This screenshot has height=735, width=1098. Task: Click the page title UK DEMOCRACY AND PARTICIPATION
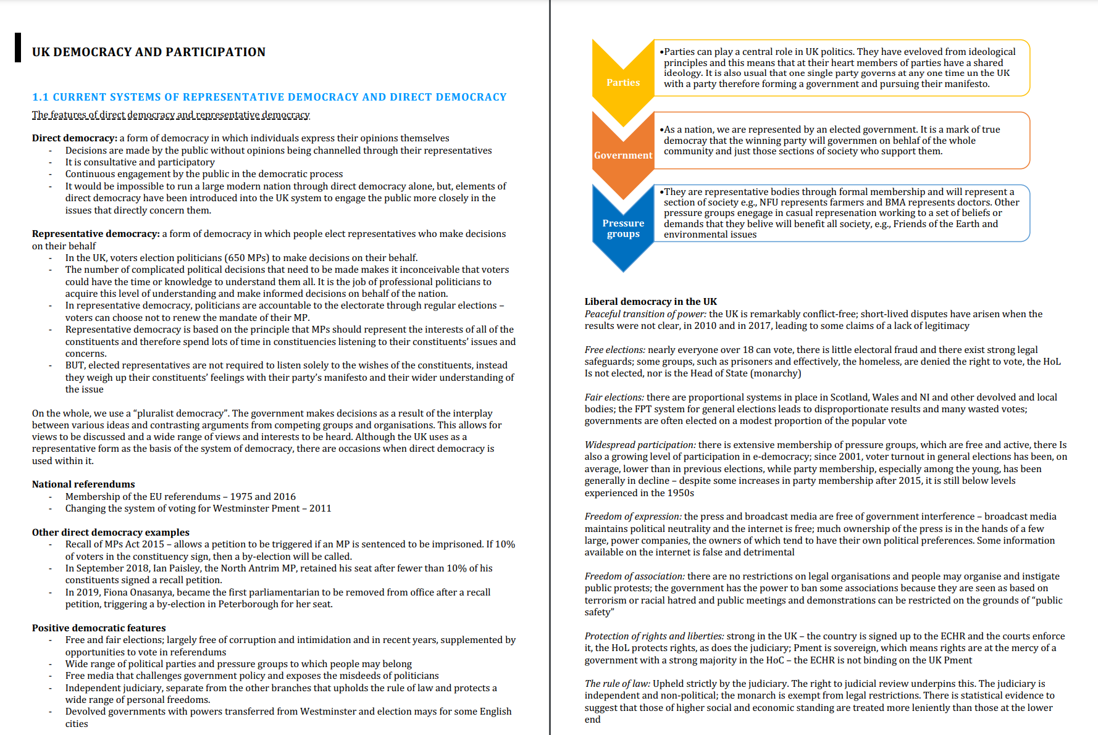149,52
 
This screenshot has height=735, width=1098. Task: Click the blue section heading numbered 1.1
269,97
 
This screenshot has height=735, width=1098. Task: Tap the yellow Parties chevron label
622,83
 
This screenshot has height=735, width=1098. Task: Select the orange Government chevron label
622,156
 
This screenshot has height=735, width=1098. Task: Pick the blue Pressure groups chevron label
622,228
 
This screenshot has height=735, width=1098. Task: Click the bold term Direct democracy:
75,138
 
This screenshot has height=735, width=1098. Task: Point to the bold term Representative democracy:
96,234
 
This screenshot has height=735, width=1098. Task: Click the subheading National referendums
83,484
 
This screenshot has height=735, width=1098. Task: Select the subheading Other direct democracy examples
111,532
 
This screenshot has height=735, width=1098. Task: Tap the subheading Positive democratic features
99,628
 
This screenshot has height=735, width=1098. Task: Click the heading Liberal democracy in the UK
651,302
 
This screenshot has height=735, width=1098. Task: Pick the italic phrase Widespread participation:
640,445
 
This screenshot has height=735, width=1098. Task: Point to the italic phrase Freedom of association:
634,576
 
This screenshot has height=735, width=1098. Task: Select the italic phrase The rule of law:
617,684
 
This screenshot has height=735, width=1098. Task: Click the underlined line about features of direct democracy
171,115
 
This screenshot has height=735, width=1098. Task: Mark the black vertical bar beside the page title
18,48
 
